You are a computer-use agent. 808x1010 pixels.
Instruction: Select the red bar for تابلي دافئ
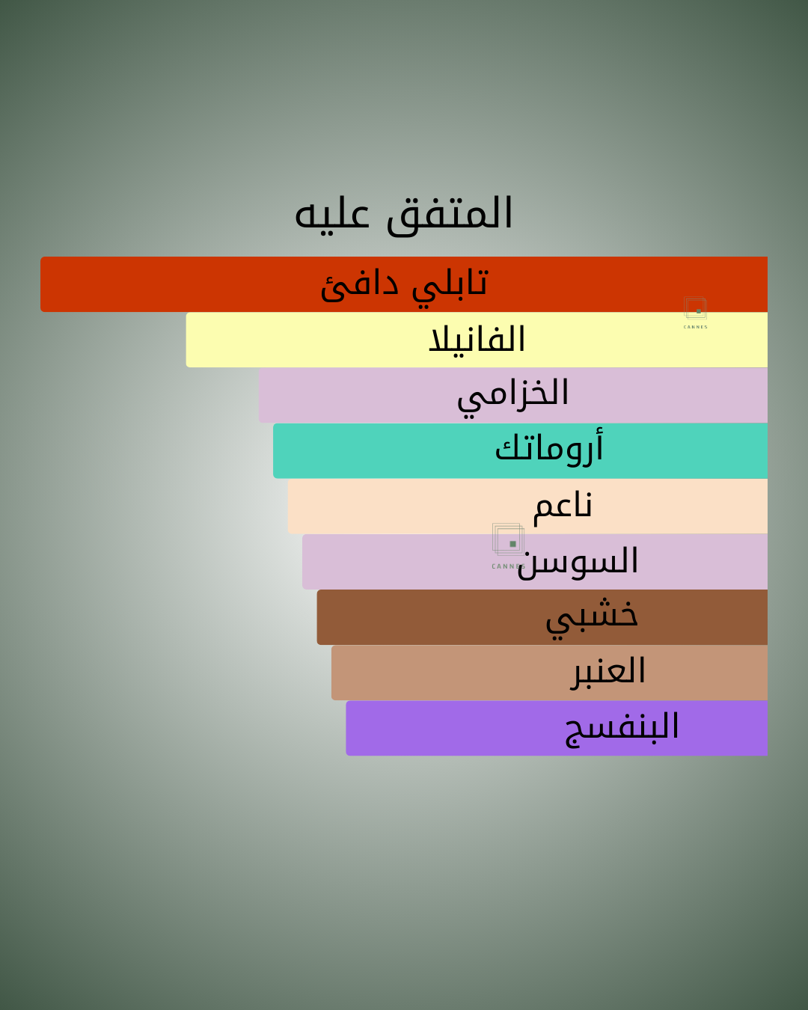tap(404, 284)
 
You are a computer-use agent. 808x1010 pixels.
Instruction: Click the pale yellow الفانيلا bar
tap(477, 340)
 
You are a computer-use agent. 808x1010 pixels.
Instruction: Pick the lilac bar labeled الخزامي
tap(512, 395)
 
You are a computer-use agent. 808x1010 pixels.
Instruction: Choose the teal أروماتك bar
tap(520, 450)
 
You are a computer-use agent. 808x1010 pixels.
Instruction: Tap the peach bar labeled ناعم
tap(527, 506)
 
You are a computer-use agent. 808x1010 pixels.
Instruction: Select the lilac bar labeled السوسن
tap(535, 561)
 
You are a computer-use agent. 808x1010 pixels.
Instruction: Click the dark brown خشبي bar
tap(542, 617)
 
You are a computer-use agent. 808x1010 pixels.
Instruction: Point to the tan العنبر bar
tap(549, 673)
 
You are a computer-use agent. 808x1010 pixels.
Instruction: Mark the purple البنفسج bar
tap(557, 728)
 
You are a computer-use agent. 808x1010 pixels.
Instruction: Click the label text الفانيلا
tap(477, 340)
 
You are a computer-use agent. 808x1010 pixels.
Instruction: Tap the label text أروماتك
tap(549, 447)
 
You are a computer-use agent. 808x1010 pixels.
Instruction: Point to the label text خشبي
tap(592, 618)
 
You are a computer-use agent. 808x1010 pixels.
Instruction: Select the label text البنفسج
tap(622, 729)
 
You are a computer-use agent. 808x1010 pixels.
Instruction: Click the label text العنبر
tap(607, 672)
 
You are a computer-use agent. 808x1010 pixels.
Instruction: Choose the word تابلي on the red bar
tap(450, 287)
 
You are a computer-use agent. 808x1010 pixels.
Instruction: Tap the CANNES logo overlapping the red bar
tap(695, 313)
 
